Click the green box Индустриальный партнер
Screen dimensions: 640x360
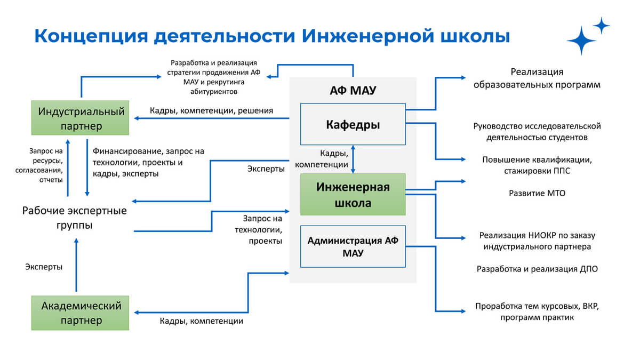pos(80,118)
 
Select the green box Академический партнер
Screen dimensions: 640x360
pos(80,313)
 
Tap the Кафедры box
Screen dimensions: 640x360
pos(353,124)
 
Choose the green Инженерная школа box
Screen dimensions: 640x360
pos(353,194)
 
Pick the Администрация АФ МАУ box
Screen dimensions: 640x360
pos(353,246)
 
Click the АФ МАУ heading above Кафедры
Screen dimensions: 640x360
pos(353,90)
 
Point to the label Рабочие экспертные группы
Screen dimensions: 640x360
pos(74,218)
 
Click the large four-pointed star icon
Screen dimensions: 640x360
pos(581,41)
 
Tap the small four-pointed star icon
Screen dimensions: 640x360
pos(602,26)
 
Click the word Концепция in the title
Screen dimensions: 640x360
pos(91,36)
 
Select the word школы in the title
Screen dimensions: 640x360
pos(475,36)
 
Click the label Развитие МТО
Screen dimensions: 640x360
pos(537,194)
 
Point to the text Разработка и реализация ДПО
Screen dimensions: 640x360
pos(537,269)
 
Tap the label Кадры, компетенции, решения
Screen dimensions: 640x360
pos(211,110)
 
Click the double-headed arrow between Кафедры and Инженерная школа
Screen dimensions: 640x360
pos(353,159)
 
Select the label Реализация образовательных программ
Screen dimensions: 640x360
pos(537,78)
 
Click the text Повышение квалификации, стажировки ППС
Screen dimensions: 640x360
pos(537,165)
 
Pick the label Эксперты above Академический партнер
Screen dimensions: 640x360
pos(44,267)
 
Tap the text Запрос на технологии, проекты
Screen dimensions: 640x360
pos(258,230)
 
